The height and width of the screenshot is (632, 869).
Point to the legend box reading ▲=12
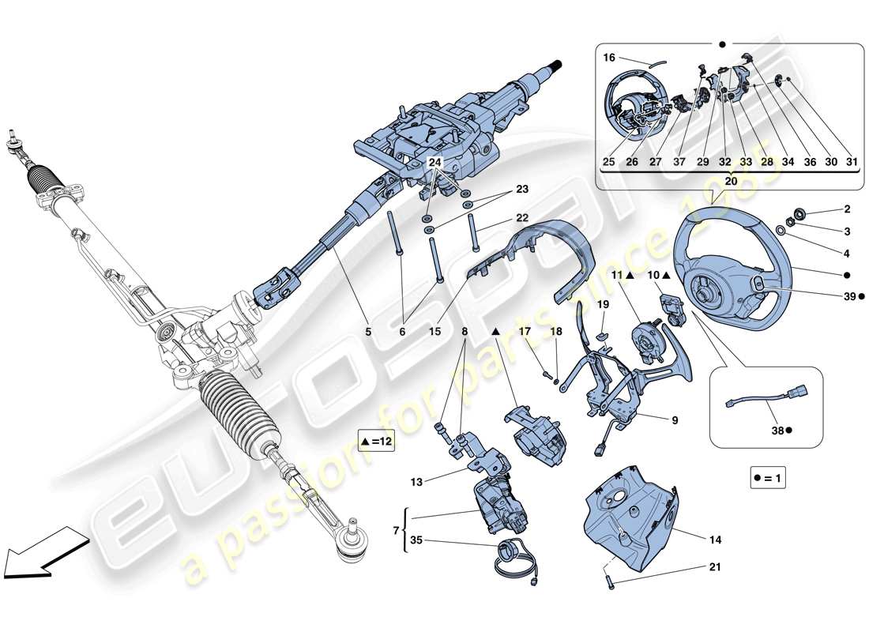click(x=375, y=442)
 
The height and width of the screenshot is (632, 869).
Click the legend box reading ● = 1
click(x=770, y=479)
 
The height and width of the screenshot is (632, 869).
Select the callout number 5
click(x=367, y=333)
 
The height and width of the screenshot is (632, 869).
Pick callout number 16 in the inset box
click(x=608, y=58)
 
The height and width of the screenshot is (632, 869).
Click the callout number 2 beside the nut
click(x=846, y=210)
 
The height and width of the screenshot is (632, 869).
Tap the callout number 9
click(x=675, y=420)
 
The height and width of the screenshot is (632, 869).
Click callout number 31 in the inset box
click(x=852, y=162)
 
